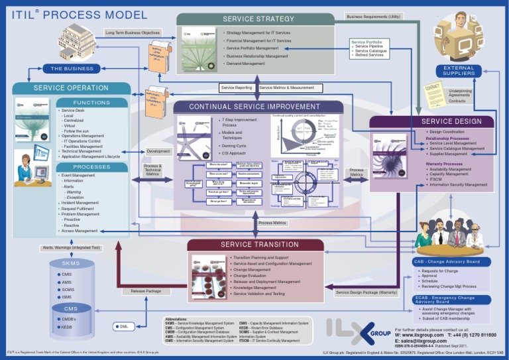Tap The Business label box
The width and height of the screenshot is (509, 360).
tap(72, 68)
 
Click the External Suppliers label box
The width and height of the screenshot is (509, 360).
tap(455, 70)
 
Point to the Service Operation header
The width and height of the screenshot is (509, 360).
tap(72, 88)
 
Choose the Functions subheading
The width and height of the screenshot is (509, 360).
tap(92, 103)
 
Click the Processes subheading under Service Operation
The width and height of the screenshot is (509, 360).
tap(92, 167)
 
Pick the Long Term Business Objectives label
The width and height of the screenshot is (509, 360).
tap(133, 32)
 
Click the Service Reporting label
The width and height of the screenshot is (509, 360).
tap(236, 88)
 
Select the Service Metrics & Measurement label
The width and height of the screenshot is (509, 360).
tap(287, 88)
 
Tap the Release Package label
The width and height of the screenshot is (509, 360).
tap(145, 290)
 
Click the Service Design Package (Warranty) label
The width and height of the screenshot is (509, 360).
tap(367, 292)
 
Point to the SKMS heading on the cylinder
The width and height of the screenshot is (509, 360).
tap(70, 263)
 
